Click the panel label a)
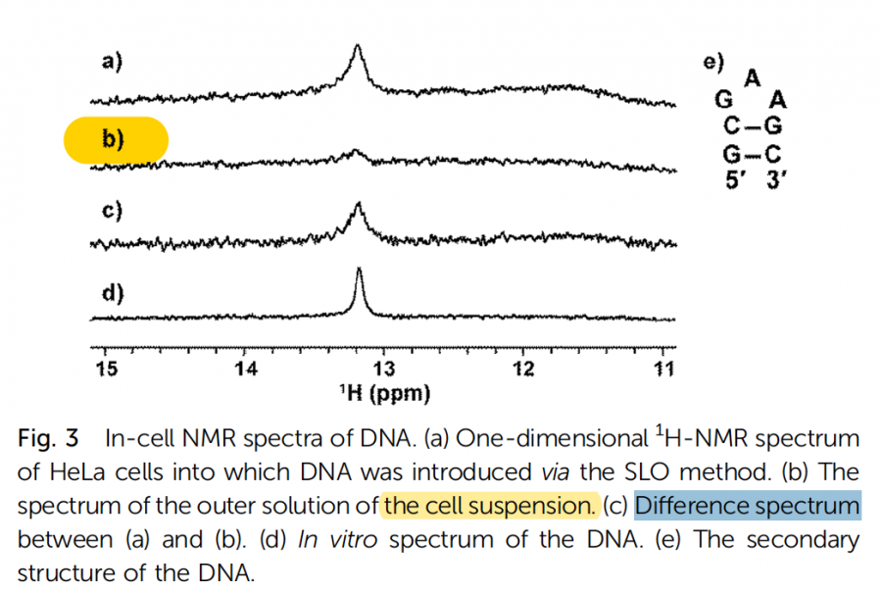pyautogui.click(x=112, y=63)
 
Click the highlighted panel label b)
pyautogui.click(x=114, y=139)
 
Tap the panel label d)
pyautogui.click(x=112, y=292)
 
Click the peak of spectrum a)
pyautogui.click(x=357, y=49)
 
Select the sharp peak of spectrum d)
pyautogui.click(x=359, y=272)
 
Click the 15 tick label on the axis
pyautogui.click(x=106, y=369)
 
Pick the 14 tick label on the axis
pyautogui.click(x=245, y=369)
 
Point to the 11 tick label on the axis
pyautogui.click(x=663, y=369)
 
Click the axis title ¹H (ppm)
pyautogui.click(x=384, y=394)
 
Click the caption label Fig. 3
pyautogui.click(x=48, y=439)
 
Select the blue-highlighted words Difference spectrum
pyautogui.click(x=748, y=506)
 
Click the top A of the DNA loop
pyautogui.click(x=753, y=77)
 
